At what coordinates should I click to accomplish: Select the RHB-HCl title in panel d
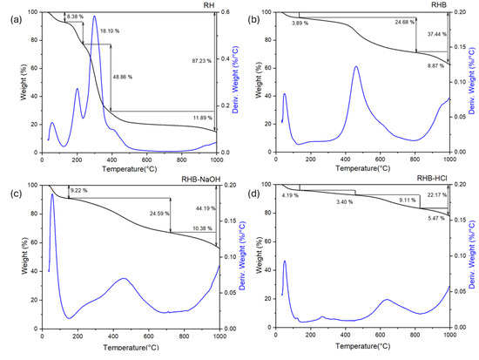[430, 183]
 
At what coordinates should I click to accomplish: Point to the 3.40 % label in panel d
[346, 202]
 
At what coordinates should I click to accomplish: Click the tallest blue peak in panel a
[94, 17]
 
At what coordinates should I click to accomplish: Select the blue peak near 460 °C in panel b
[356, 66]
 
